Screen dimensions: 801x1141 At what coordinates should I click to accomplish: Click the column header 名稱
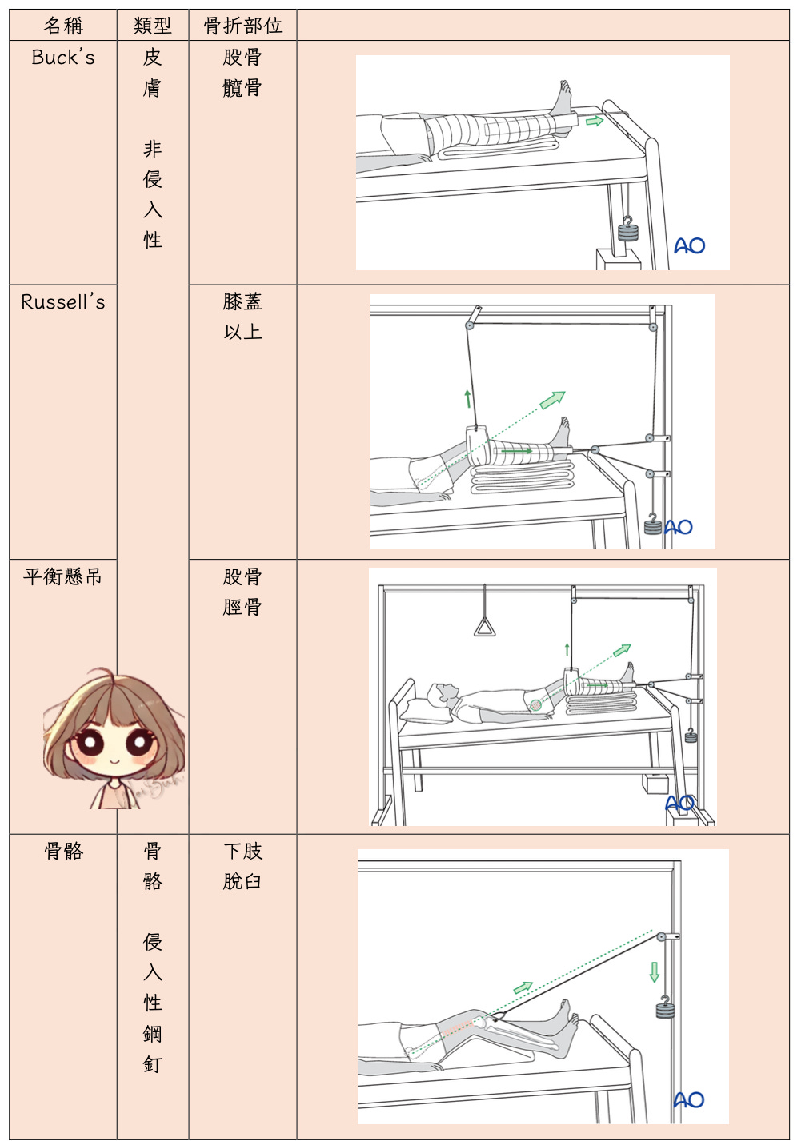[x=63, y=26]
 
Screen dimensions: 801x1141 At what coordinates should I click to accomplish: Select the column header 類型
[x=153, y=26]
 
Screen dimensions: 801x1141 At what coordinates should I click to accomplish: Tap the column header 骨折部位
[x=242, y=26]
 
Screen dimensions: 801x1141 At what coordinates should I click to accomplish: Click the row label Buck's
[x=63, y=57]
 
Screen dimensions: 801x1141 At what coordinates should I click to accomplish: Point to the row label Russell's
[x=63, y=302]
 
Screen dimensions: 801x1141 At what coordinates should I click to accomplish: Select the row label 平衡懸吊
[x=62, y=576]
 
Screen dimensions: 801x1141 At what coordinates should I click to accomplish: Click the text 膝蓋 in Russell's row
[x=242, y=301]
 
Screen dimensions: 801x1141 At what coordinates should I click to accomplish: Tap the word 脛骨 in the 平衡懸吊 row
[x=242, y=607]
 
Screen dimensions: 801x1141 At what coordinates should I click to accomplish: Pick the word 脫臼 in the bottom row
[x=242, y=881]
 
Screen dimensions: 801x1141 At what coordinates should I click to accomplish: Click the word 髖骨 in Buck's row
[x=242, y=88]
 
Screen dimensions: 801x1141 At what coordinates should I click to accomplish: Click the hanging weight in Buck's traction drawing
[x=627, y=229]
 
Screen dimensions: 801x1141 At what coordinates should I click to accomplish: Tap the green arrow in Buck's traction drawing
[x=595, y=121]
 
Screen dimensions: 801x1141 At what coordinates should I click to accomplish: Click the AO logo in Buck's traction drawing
[x=689, y=246]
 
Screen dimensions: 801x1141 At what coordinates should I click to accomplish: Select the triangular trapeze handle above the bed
[x=484, y=627]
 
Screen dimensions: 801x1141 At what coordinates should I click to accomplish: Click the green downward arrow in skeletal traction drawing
[x=654, y=971]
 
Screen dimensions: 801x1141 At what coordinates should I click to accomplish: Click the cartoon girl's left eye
[x=90, y=743]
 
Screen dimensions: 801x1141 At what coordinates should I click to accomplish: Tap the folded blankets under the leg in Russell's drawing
[x=523, y=476]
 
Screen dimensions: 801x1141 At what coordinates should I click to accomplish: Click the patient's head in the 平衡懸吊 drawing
[x=442, y=692]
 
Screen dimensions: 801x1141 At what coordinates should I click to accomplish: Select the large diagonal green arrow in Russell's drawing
[x=552, y=400]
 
